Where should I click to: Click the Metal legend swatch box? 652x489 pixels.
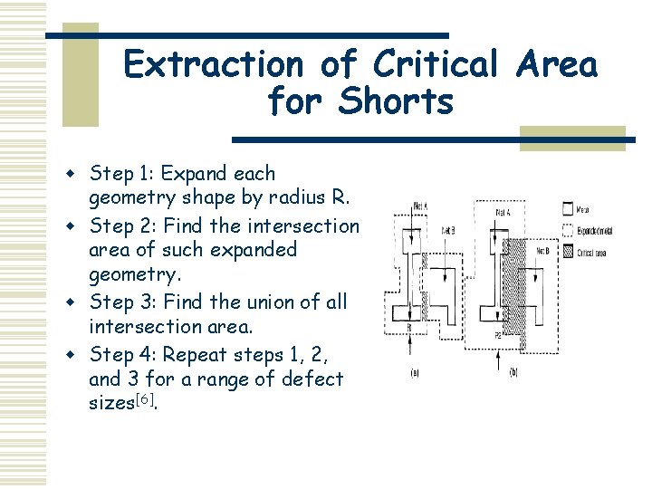click(567, 208)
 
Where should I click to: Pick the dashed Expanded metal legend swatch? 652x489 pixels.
click(567, 230)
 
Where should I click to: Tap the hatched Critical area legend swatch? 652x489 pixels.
click(567, 253)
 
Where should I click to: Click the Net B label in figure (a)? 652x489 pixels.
click(448, 231)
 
